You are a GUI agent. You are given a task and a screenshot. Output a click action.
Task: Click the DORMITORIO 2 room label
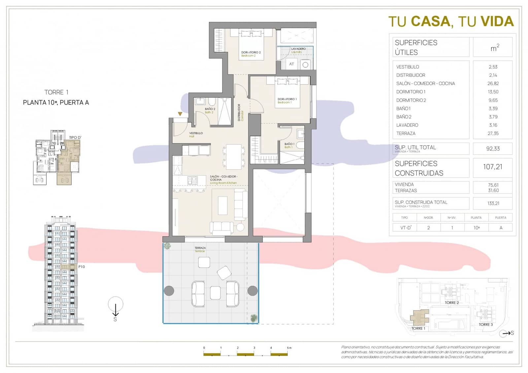point(251,52)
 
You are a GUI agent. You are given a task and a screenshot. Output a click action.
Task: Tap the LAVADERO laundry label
point(298,49)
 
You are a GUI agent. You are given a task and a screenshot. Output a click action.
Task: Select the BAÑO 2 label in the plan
point(210,109)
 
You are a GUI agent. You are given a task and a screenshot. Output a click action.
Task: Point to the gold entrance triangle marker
point(180,114)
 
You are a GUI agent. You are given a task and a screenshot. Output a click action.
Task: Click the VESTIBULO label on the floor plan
point(196,133)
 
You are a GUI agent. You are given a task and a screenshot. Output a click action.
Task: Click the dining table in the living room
point(234,156)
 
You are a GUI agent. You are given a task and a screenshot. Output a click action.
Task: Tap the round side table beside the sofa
point(240,227)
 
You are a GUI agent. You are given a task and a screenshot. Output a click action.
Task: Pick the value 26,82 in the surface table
point(493,84)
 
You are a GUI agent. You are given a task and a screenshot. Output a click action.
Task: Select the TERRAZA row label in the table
point(406,133)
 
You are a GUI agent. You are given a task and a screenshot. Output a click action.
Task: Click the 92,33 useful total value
point(493,149)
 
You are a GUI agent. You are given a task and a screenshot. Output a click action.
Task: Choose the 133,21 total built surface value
point(493,203)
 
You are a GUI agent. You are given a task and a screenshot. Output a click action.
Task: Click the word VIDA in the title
point(497,21)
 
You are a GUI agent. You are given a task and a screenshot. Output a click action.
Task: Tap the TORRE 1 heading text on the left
point(56,92)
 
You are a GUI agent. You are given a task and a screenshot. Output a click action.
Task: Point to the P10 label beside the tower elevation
point(82,267)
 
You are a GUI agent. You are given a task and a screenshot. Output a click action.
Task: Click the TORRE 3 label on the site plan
point(486,324)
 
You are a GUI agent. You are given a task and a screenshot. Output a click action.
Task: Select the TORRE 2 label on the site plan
point(451,303)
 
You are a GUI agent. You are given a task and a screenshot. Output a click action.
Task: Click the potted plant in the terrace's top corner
point(167,246)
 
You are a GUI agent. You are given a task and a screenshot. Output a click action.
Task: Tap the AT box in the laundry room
point(291,64)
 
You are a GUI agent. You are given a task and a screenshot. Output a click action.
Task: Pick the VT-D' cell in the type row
point(406,228)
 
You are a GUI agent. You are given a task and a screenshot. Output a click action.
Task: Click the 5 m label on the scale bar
point(289,348)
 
